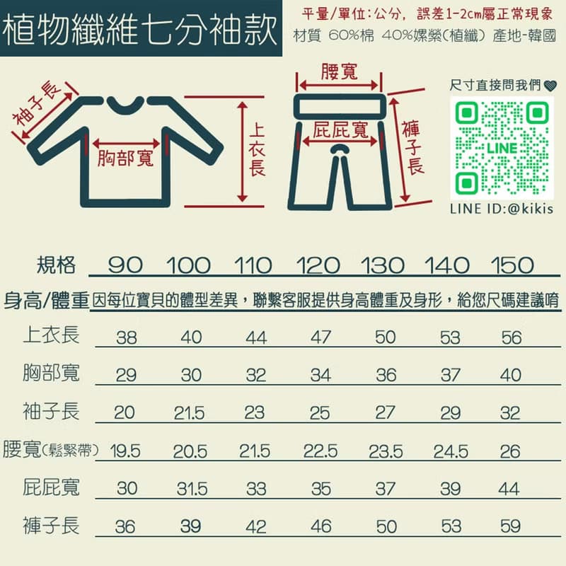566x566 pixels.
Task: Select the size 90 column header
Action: click(x=126, y=266)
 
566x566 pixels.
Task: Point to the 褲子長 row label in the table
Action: click(x=51, y=525)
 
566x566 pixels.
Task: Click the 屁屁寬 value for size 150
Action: click(x=509, y=489)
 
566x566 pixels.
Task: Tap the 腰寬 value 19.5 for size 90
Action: click(x=125, y=451)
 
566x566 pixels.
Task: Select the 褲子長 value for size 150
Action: click(x=509, y=527)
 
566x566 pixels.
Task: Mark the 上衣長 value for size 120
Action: click(x=320, y=337)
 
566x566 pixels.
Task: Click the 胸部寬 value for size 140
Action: click(x=449, y=374)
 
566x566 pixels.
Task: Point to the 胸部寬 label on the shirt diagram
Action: click(x=126, y=158)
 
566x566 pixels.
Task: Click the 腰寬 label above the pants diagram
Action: click(x=339, y=71)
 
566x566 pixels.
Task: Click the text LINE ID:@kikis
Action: click(x=500, y=209)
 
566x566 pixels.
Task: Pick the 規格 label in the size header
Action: click(x=56, y=265)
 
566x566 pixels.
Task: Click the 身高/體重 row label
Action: click(x=46, y=300)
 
